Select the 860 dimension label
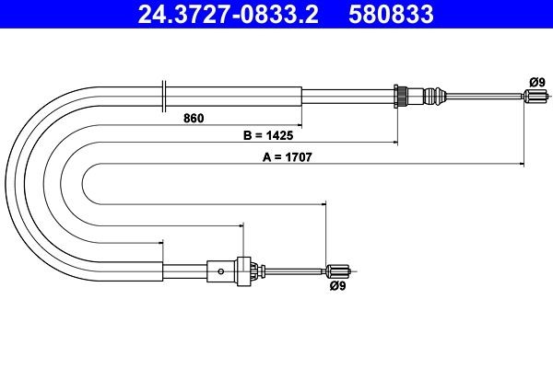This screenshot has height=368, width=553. click(194, 117)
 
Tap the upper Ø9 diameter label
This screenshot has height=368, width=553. click(535, 81)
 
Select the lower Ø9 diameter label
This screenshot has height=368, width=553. click(337, 285)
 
